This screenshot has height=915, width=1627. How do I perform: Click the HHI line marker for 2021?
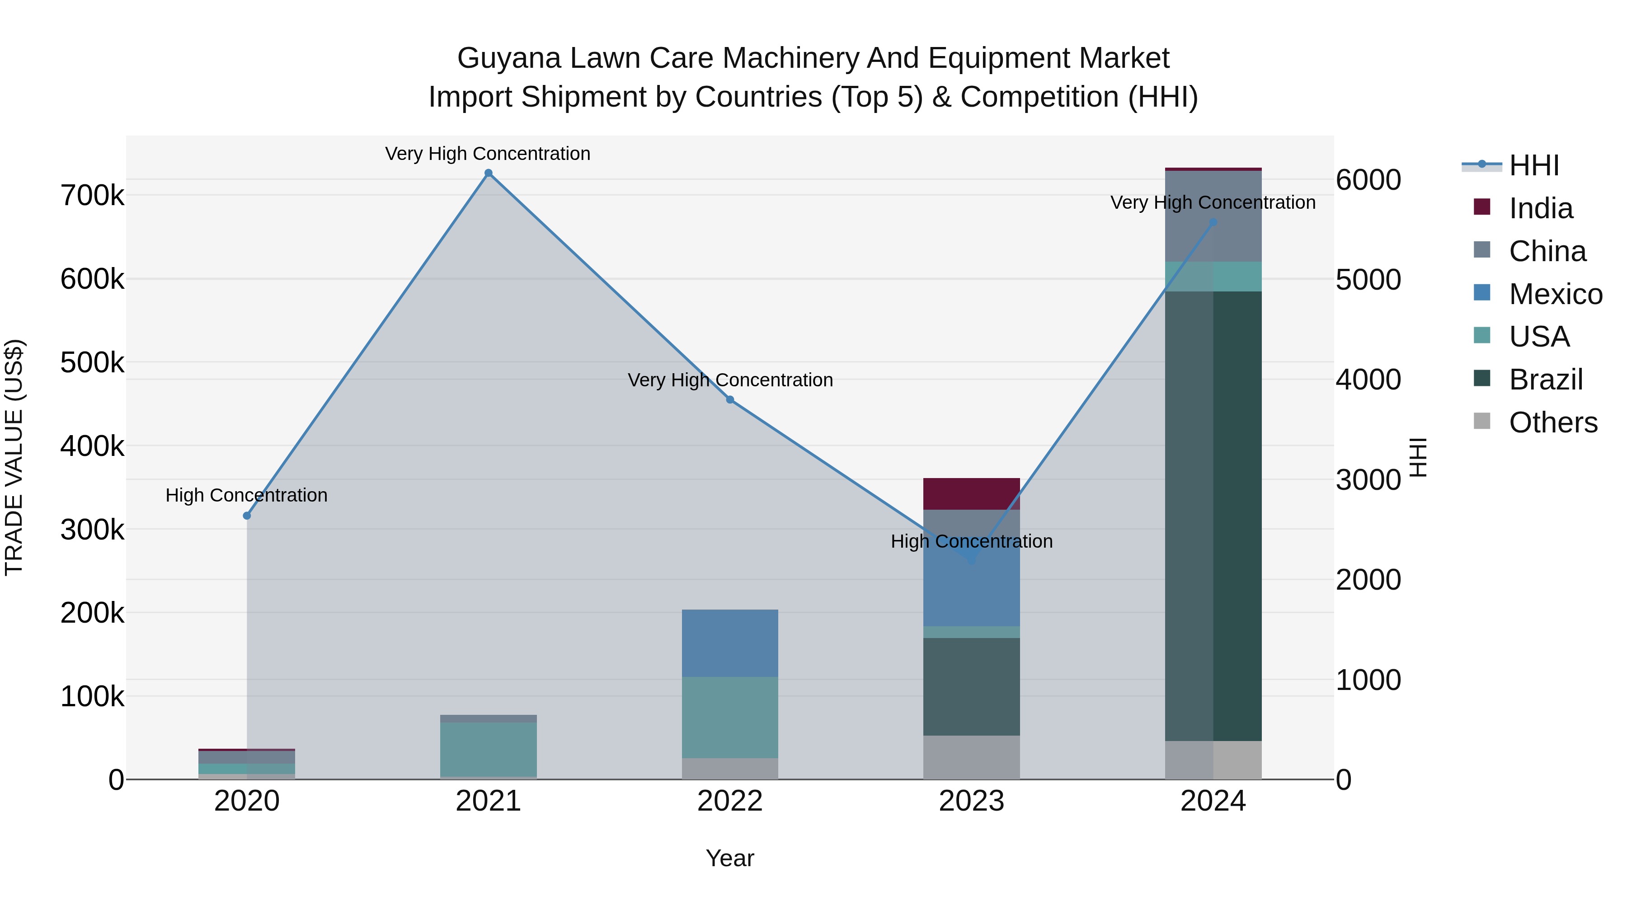488,173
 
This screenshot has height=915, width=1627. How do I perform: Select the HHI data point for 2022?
730,400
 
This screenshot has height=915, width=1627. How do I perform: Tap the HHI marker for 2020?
247,516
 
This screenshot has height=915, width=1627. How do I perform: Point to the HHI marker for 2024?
1213,222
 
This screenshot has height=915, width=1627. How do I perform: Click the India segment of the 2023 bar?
971,494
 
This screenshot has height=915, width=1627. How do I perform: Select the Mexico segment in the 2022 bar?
730,643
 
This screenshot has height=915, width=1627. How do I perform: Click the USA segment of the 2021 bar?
488,749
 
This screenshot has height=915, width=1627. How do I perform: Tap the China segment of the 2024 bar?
1213,216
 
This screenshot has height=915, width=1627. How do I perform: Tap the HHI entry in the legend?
1533,165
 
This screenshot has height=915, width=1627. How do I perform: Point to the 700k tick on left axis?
92,196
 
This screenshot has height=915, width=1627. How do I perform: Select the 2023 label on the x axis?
971,801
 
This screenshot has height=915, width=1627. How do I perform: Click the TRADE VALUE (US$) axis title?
14,457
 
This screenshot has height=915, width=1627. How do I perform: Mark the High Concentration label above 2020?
246,495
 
